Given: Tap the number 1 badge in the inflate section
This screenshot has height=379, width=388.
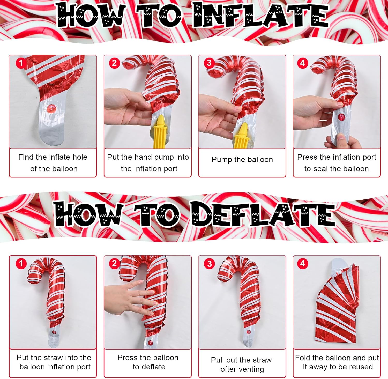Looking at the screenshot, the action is coord(21,63).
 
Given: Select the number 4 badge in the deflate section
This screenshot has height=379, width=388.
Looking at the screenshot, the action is coord(303,264).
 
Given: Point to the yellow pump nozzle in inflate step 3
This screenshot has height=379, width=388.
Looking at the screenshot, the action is coord(241,136).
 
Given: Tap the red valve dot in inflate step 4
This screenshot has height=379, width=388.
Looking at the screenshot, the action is coord(341,117).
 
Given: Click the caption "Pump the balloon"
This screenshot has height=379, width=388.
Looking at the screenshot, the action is coord(242,160).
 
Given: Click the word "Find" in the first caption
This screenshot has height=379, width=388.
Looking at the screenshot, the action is coord(26,157).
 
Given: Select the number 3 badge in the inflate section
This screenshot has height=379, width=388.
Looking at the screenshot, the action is coord(209,63).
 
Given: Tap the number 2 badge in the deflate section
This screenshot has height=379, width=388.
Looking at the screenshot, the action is coord(114,264).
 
